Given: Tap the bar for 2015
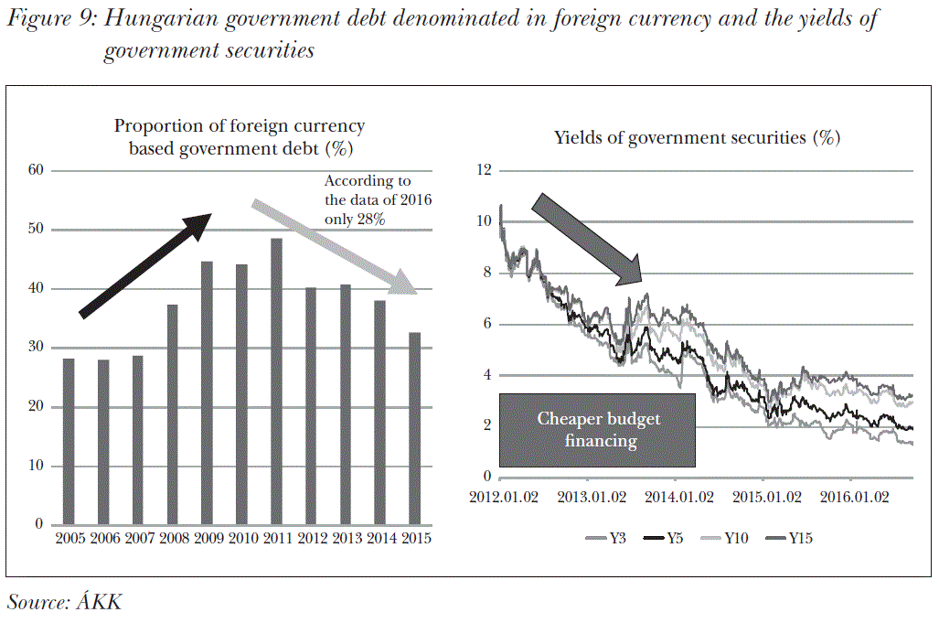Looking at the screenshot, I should click(x=414, y=429).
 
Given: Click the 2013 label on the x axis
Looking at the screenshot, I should click(x=347, y=539).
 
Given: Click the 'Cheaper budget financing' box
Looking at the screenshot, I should click(x=597, y=430).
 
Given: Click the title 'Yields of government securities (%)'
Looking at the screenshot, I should click(x=697, y=138).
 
